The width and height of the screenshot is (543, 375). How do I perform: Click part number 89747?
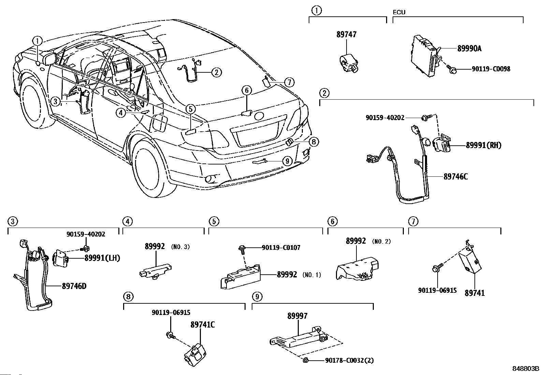pyautogui.click(x=346, y=34)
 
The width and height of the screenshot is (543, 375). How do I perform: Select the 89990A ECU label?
pyautogui.click(x=469, y=49)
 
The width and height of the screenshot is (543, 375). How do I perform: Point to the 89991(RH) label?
pyautogui.click(x=484, y=145)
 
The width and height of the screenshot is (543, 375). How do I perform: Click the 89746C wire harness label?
pyautogui.click(x=456, y=177)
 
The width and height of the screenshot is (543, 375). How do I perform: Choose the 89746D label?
pyautogui.click(x=74, y=286)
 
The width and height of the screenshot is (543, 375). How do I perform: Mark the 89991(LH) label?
pyautogui.click(x=102, y=258)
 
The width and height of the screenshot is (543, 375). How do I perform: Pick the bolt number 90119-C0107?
pyautogui.click(x=281, y=247)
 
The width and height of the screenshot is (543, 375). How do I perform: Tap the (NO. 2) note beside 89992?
pyautogui.click(x=381, y=242)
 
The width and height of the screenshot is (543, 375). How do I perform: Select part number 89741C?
pyautogui.click(x=202, y=325)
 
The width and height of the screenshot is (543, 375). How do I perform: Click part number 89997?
pyautogui.click(x=297, y=316)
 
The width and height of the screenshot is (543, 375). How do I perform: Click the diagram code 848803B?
pyautogui.click(x=525, y=369)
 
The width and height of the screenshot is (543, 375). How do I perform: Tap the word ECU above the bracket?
pyautogui.click(x=399, y=12)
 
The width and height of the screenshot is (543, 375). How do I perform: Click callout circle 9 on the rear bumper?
pyautogui.click(x=287, y=160)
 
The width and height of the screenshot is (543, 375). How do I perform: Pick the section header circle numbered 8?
pyautogui.click(x=128, y=297)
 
